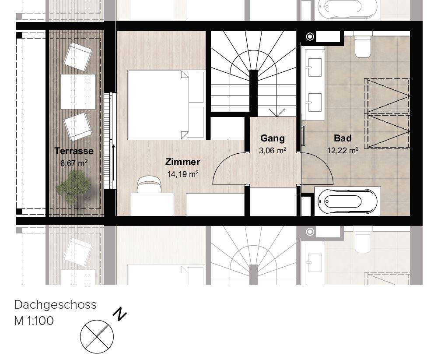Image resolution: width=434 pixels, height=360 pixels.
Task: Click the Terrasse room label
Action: pos(74,151)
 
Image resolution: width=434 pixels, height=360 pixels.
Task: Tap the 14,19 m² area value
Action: pos(183,174)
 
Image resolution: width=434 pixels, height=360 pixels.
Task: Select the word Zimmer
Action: pos(183,162)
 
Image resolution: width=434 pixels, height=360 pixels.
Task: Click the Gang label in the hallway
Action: pos(273,138)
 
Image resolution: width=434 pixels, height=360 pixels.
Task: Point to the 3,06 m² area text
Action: pos(273,151)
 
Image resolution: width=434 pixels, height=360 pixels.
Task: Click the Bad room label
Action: pos(343,138)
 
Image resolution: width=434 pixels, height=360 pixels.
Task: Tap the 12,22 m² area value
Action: pos(343,150)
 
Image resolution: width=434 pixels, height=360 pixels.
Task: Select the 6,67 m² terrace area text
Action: pos(74,163)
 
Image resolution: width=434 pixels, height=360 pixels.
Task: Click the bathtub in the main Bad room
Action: pos(348,201)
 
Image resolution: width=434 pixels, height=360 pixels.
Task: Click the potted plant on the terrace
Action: pos(73,187)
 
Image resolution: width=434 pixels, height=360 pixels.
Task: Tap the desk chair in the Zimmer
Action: pos(149,184)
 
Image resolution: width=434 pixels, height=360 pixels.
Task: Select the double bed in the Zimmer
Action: pos(166,105)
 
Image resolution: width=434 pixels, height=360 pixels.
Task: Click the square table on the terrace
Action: pos(78,92)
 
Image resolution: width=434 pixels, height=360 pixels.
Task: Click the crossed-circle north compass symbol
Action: pos(97,336)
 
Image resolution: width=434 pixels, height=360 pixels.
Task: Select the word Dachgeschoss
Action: pos(56,305)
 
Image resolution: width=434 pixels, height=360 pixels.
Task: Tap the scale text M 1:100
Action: pos(34,321)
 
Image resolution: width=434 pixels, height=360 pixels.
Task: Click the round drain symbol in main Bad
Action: pos(310,36)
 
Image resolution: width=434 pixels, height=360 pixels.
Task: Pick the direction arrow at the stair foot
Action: pos(277,112)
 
